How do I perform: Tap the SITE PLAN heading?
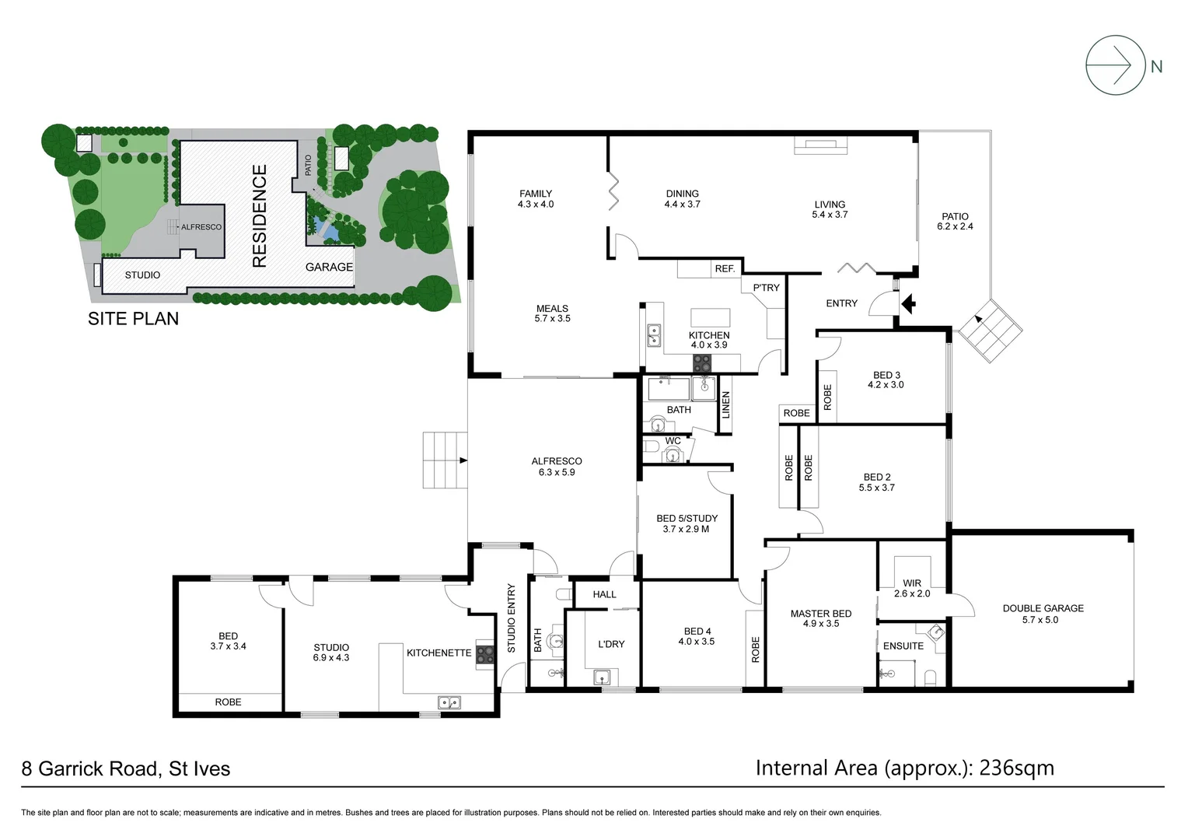(133, 319)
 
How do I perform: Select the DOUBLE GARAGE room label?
(1043, 608)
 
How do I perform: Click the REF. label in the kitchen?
(725, 268)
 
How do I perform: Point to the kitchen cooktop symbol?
(702, 362)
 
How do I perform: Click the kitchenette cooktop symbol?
(485, 654)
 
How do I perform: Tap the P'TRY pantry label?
(766, 288)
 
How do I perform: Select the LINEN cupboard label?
(726, 405)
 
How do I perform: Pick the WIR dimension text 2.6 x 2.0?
(912, 593)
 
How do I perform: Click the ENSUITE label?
(903, 646)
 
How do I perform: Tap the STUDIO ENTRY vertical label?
(512, 618)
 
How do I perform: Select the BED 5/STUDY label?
(687, 518)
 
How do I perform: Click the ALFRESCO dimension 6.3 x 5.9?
(557, 472)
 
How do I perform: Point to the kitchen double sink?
(654, 335)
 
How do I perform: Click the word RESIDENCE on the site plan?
(260, 215)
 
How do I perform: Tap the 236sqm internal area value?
(1016, 768)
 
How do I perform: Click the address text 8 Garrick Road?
(89, 769)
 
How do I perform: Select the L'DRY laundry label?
(611, 644)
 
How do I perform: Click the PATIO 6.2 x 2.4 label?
(955, 222)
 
